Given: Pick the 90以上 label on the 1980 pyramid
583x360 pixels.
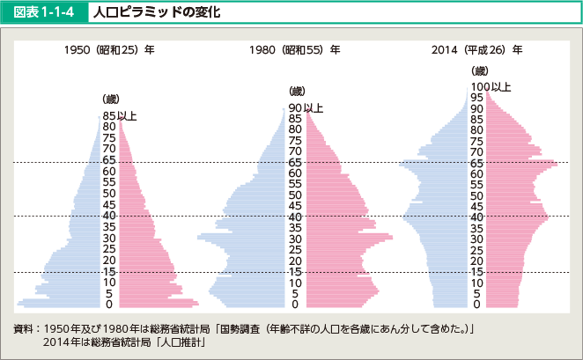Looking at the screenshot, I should click(x=306, y=107).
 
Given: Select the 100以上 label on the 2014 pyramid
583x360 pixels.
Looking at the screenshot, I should click(x=490, y=86).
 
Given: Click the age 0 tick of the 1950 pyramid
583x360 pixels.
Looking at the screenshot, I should click(x=109, y=305).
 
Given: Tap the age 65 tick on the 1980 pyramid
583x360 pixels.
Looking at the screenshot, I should click(x=295, y=163).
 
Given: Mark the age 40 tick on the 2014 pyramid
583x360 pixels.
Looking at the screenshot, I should click(x=476, y=217).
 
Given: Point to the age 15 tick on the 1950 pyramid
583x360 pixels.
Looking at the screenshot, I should click(x=109, y=271).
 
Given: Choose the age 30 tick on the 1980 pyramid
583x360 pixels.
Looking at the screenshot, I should click(x=295, y=239).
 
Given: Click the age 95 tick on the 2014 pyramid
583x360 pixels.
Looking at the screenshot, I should click(x=476, y=98).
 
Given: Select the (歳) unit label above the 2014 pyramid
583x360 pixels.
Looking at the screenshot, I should click(x=480, y=70).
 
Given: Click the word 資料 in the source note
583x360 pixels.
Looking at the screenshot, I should click(x=24, y=327).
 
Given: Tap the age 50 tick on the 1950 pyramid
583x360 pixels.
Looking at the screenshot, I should click(x=109, y=194).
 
